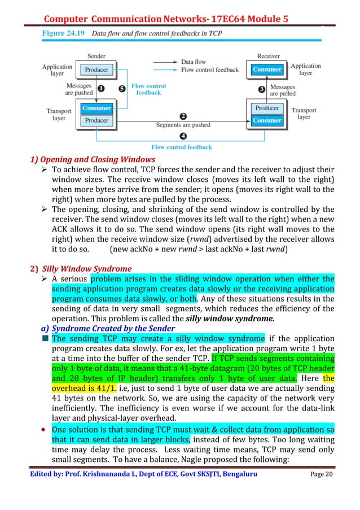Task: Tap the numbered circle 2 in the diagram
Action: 183,115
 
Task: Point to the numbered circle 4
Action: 183,136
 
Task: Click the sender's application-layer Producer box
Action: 96,70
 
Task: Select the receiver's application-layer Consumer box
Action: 267,69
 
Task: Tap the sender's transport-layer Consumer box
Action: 96,108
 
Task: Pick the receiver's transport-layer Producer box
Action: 267,108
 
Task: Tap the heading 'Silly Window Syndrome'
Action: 91,268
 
